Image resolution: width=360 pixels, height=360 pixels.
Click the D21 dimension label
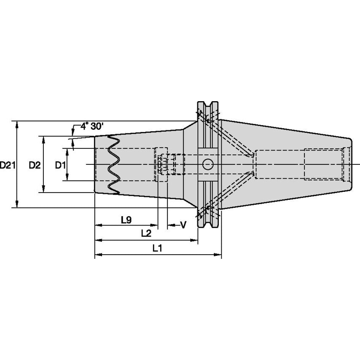coord(8,165)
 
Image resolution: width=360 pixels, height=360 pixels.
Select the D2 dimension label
coord(35,165)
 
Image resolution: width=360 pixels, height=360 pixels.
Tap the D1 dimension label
coord(61,165)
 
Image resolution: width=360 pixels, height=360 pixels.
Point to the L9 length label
coord(126,220)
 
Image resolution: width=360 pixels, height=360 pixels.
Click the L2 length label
coord(146,233)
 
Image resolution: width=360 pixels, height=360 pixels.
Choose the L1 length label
coord(157,249)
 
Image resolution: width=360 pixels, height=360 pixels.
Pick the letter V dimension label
coord(183,225)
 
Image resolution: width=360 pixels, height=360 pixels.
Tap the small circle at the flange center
coord(208,164)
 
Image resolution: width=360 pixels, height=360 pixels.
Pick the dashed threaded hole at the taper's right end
coord(327,164)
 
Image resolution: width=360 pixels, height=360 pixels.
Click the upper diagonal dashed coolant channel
coord(232,135)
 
